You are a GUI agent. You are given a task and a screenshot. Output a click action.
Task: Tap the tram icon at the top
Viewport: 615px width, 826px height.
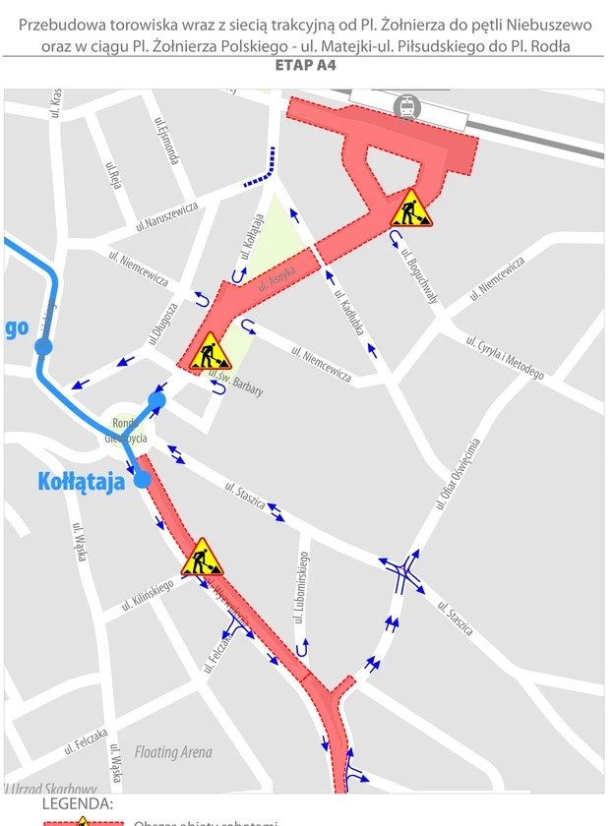(404, 107)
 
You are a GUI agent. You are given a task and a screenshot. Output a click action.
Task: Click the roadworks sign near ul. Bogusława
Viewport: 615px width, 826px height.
(410, 208)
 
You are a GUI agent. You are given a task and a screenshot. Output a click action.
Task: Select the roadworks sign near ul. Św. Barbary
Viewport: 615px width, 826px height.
(209, 352)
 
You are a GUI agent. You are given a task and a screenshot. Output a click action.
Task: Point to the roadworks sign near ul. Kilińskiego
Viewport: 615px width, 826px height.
(202, 558)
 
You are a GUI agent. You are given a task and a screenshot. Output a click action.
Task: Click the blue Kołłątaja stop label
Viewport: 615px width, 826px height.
(81, 481)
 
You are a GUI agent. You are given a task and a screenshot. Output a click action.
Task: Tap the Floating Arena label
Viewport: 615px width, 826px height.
(173, 752)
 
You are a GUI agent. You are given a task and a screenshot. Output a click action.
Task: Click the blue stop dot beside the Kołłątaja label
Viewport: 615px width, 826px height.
(143, 479)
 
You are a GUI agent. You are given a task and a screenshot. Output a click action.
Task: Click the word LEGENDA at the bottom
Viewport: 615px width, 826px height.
(78, 804)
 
